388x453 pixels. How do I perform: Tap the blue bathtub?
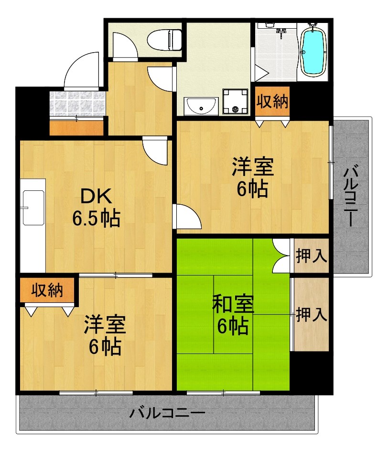point(314,50)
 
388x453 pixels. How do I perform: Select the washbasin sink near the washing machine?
point(201,106)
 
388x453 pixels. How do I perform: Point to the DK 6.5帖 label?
point(96,207)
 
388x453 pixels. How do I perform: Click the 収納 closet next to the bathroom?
point(272,101)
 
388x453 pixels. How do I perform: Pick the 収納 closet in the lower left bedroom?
point(48,290)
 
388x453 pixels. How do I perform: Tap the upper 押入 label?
point(311,256)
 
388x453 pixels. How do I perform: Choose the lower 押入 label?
point(311,314)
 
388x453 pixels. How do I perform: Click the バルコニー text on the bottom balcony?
point(167,413)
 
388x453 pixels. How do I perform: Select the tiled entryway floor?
point(76,102)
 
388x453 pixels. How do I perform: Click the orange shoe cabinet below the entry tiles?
point(76,127)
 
